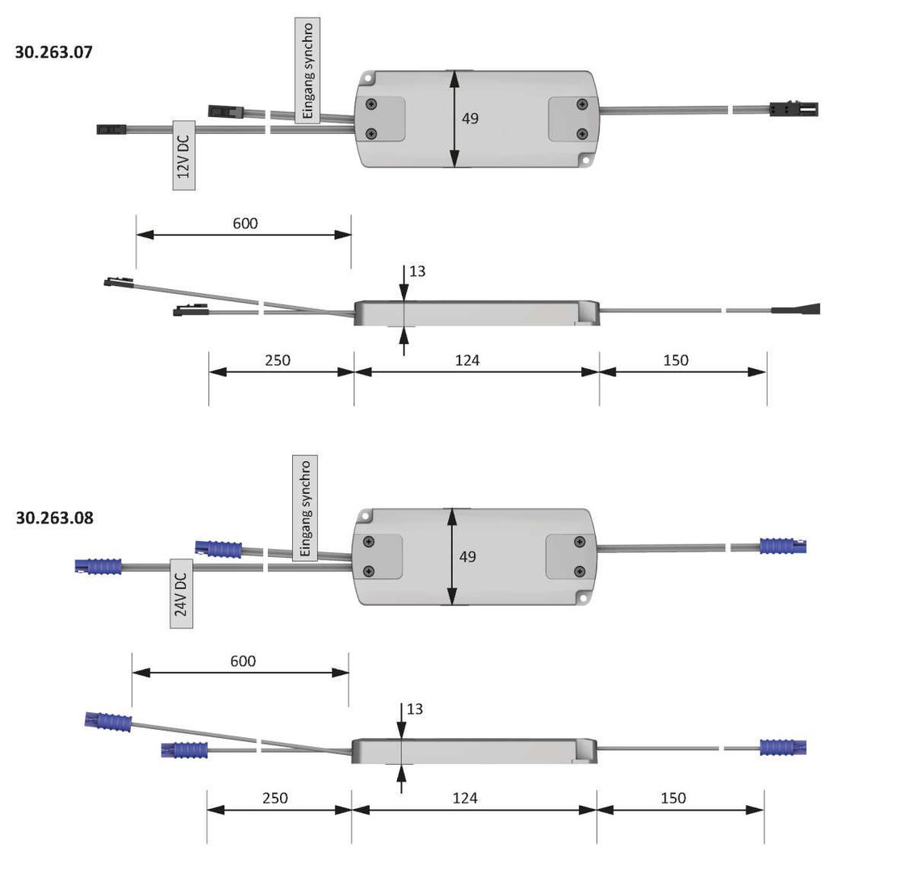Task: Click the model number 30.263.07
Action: point(54,52)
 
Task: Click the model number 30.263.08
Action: point(54,518)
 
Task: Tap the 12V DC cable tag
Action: point(184,156)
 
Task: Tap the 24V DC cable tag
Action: point(182,593)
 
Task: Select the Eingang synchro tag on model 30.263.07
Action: point(307,71)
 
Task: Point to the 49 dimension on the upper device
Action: point(470,119)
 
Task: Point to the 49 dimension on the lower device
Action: point(467,557)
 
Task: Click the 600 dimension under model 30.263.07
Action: point(245,224)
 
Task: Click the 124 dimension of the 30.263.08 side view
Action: point(465,798)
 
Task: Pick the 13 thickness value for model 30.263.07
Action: point(417,271)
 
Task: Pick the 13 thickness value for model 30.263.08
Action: point(414,709)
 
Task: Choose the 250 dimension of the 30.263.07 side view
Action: point(278,360)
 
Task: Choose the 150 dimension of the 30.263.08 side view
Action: point(673,798)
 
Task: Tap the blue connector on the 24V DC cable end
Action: point(98,566)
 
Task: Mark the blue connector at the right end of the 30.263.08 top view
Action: point(782,546)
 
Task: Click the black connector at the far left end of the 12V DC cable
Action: point(111,128)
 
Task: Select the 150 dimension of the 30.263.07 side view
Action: point(676,360)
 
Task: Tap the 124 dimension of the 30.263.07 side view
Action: point(467,360)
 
